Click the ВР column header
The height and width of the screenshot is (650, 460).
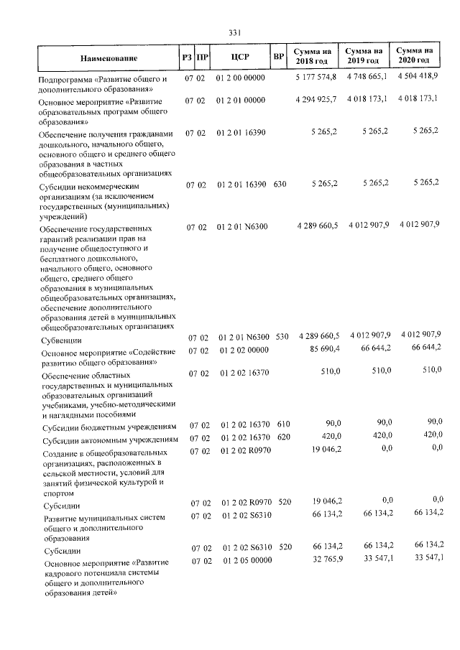[279, 57]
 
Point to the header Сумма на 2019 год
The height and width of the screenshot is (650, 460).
[363, 56]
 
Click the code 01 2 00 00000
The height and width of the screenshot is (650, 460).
[240, 78]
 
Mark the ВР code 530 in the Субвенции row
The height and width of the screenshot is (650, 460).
[281, 336]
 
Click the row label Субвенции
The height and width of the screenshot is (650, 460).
[61, 340]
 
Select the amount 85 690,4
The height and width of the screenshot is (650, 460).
[323, 350]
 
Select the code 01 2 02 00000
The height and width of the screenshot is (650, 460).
[244, 350]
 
